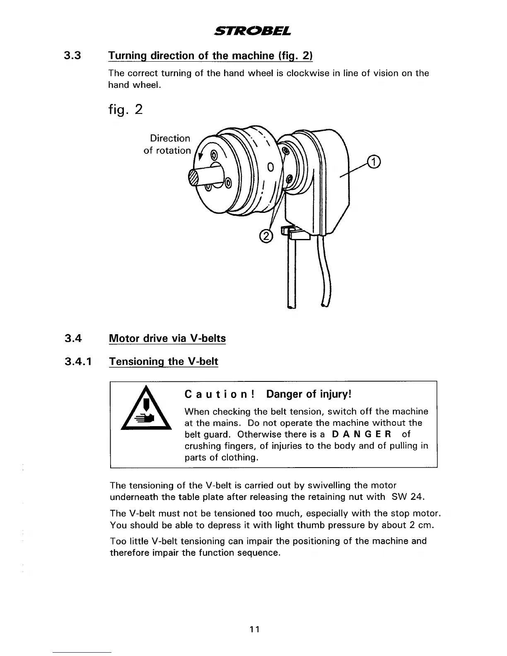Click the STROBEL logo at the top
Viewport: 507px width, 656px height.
click(253, 31)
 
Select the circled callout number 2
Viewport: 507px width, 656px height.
click(266, 236)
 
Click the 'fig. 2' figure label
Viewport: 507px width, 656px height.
click(125, 110)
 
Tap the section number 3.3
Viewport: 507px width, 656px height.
click(73, 55)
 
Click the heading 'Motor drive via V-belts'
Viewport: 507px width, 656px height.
click(167, 338)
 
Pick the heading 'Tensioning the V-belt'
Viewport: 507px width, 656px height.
click(163, 362)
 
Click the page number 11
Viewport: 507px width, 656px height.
click(254, 629)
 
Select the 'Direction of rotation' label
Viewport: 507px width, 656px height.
click(168, 144)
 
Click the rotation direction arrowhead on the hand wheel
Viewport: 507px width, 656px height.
click(201, 157)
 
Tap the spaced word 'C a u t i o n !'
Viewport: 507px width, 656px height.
click(219, 394)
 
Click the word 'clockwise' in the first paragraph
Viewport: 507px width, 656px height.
click(306, 73)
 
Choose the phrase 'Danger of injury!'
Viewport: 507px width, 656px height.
click(309, 394)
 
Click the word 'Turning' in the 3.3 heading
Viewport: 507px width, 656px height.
click(127, 55)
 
